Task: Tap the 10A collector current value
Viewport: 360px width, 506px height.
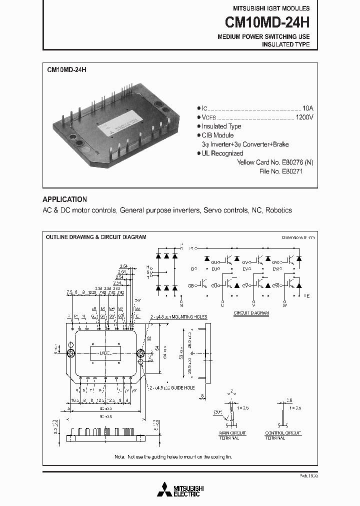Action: [307, 108]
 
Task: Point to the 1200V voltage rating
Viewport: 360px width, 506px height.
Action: [304, 117]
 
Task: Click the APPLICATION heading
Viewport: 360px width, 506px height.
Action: [64, 199]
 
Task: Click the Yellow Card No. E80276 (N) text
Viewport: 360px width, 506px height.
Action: [275, 162]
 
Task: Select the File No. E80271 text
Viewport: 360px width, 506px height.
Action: [285, 171]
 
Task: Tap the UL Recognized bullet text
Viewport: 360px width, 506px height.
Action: [222, 153]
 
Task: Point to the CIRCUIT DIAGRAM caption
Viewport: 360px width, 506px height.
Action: [251, 313]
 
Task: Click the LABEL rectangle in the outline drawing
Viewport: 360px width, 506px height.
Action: [105, 353]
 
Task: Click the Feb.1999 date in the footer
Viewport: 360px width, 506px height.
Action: [309, 476]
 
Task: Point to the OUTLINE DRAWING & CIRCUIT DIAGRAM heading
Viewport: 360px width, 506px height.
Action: [96, 237]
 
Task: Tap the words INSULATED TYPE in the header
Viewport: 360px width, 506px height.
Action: [285, 44]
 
